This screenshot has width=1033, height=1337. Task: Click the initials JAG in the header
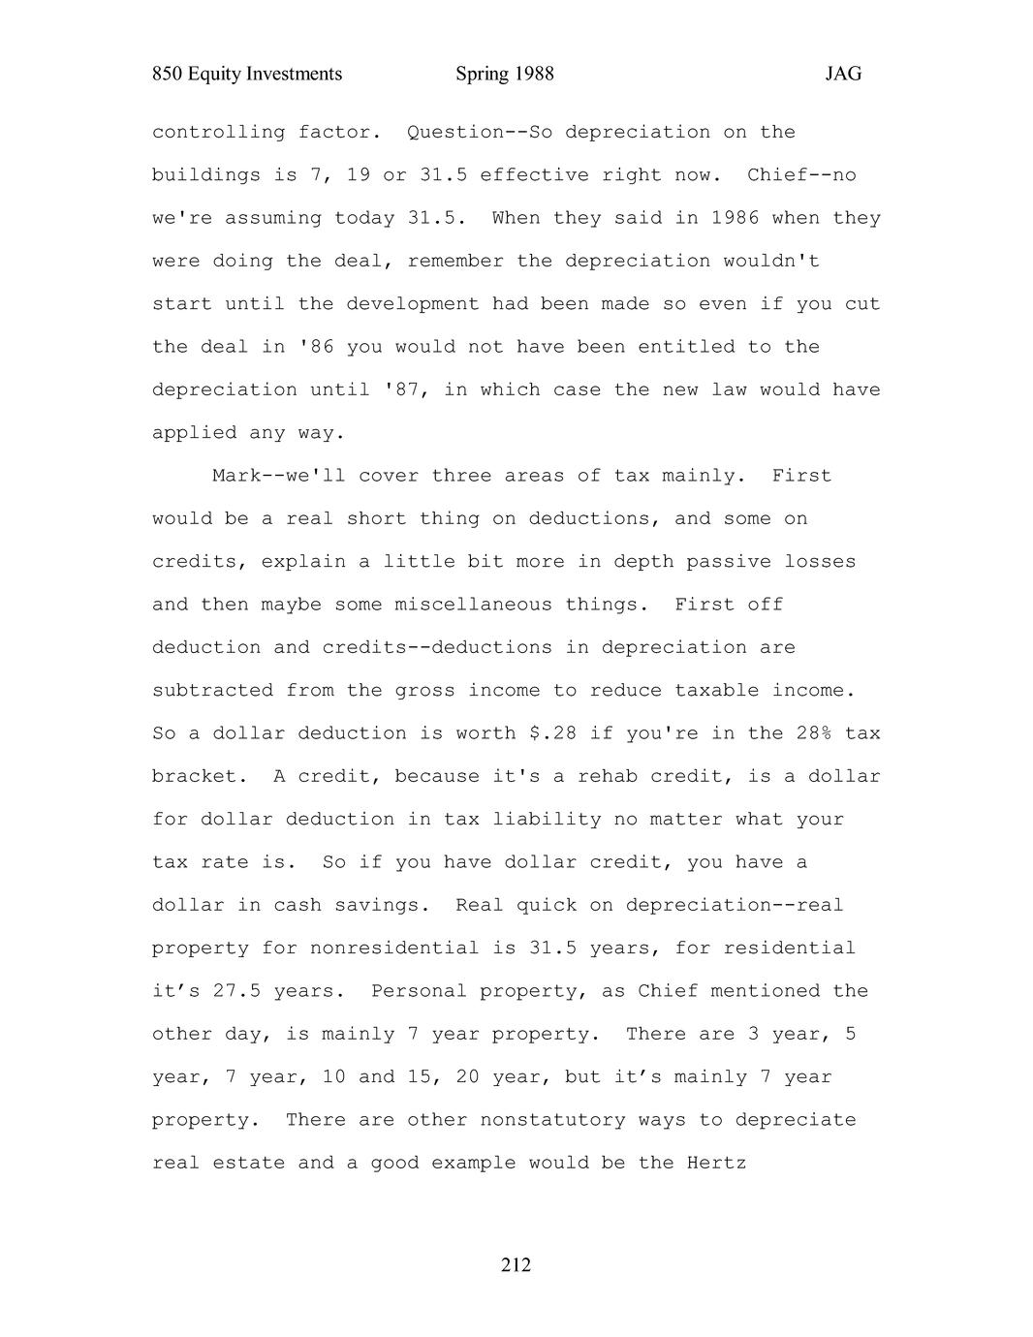(843, 75)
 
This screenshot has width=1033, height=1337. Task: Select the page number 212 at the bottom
(516, 1265)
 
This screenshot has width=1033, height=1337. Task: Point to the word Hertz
(716, 1163)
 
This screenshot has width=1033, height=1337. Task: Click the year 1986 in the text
(735, 218)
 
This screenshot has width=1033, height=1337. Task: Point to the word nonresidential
(394, 948)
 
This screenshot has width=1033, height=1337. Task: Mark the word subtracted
(212, 691)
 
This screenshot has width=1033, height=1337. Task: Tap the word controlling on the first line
(218, 132)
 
